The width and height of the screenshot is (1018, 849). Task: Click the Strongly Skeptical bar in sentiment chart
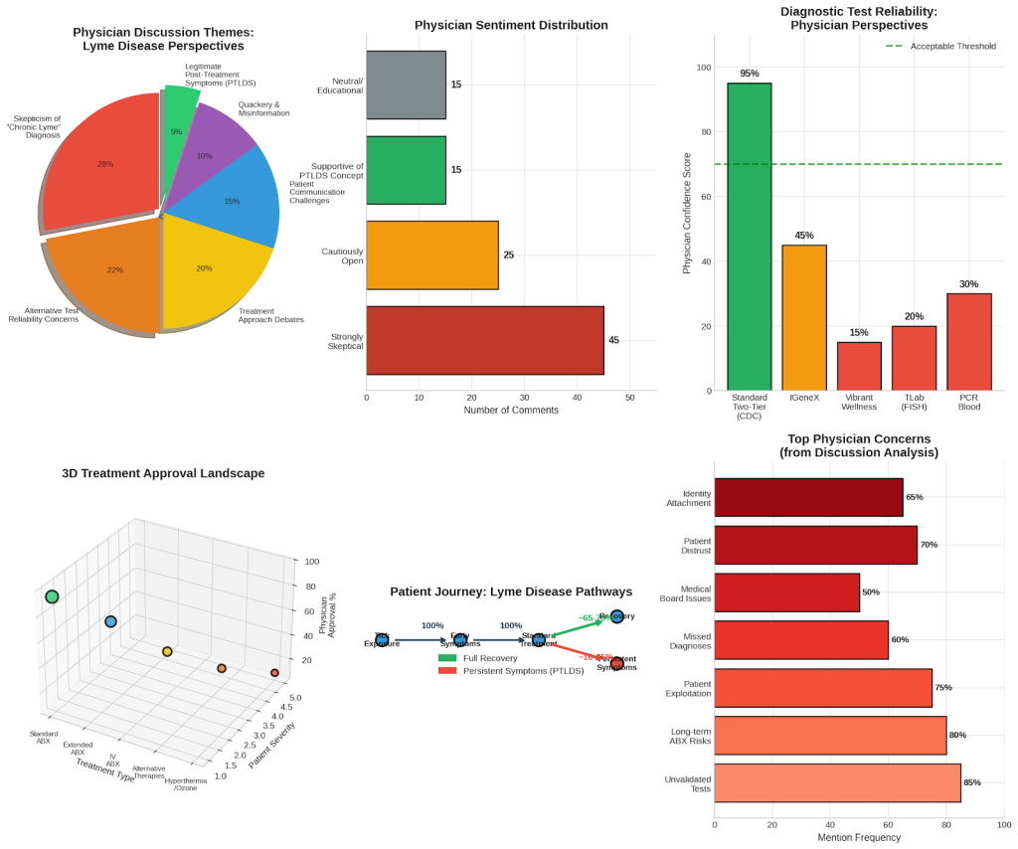click(x=484, y=340)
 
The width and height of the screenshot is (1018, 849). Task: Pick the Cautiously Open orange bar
click(x=431, y=255)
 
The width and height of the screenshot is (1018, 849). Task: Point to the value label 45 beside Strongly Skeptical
click(x=613, y=340)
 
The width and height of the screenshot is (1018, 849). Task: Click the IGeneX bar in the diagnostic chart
click(x=803, y=317)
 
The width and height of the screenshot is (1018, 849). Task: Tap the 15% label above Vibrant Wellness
click(x=858, y=332)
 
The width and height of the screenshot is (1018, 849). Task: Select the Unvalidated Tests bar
click(x=837, y=782)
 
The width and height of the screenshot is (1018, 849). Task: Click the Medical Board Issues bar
click(x=786, y=592)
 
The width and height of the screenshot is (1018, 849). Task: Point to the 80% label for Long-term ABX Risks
click(x=957, y=735)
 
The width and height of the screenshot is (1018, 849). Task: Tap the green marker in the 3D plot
click(x=52, y=596)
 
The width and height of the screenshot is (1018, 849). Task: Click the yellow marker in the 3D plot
click(x=167, y=652)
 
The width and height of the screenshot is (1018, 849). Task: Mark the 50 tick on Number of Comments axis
click(x=629, y=398)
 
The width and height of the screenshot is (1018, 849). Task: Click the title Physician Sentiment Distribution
click(x=511, y=25)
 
